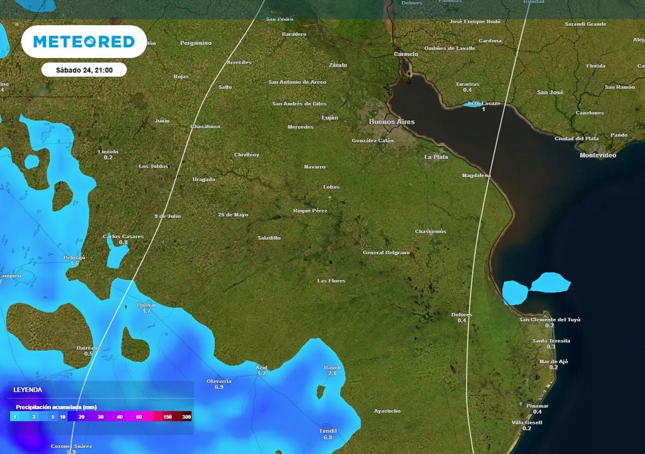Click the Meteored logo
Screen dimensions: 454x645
(84, 42)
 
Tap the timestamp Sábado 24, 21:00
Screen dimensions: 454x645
(84, 70)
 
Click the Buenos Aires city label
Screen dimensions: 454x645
(392, 122)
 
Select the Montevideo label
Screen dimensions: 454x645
(598, 154)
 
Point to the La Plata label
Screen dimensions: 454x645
(436, 156)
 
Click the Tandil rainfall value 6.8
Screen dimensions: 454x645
(328, 437)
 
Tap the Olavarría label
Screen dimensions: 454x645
(219, 381)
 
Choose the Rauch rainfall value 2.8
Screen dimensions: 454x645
(333, 374)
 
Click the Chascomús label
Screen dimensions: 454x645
(430, 231)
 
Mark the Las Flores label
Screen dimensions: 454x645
(331, 281)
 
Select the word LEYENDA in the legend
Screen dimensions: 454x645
(28, 390)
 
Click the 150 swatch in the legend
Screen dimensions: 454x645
(168, 417)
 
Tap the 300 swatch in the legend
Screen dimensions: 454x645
(186, 417)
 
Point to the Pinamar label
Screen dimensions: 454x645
(537, 405)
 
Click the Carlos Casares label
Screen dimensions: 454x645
(123, 236)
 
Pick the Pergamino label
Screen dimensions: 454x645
(196, 43)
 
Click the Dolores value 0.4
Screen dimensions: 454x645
(462, 321)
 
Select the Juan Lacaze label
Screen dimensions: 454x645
(484, 103)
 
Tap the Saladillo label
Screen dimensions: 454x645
(269, 238)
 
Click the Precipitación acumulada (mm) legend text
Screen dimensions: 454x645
(57, 407)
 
